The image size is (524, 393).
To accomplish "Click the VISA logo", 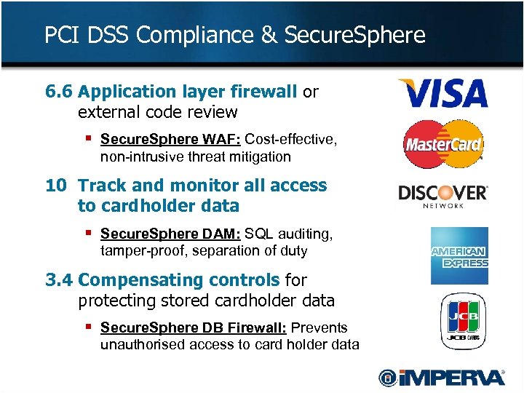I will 442,93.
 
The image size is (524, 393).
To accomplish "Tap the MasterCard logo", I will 443,144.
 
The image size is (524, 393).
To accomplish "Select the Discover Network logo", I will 442,195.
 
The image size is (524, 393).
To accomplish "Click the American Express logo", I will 459,255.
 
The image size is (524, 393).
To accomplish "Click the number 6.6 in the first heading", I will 59,92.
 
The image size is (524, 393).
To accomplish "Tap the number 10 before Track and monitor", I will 55,186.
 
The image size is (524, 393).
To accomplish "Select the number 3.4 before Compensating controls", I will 59,279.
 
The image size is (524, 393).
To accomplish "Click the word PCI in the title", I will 60,34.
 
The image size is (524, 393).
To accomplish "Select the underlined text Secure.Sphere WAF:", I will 170,139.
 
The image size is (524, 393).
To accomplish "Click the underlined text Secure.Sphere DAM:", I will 170,234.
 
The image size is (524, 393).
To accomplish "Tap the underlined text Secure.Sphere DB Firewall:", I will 193,327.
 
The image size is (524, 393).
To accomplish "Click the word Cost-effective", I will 291,139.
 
